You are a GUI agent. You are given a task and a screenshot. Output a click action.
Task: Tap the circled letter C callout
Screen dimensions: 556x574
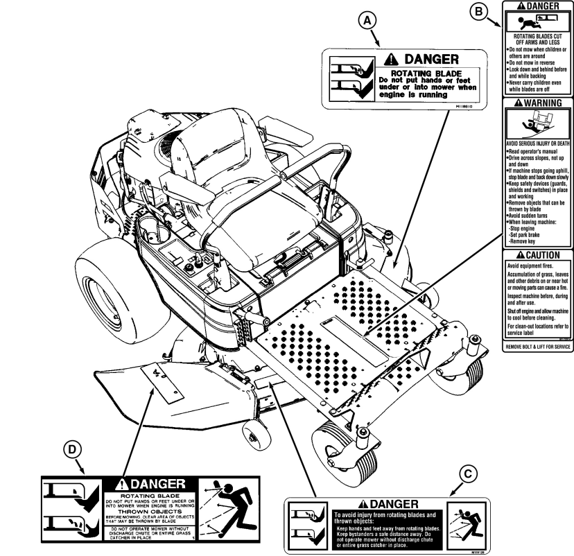tap(469, 474)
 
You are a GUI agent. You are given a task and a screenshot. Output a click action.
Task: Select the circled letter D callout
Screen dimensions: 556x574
tap(70, 449)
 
